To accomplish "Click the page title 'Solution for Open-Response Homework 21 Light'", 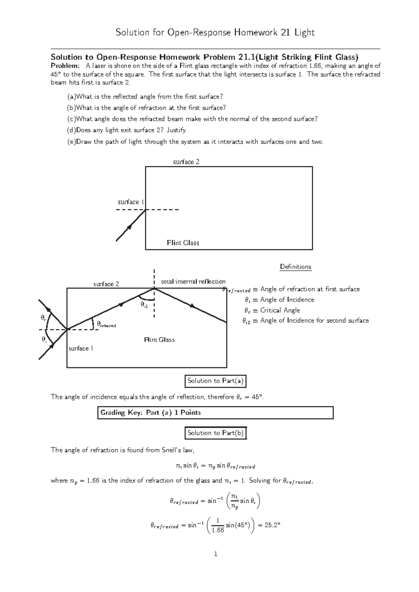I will pyautogui.click(x=215, y=33).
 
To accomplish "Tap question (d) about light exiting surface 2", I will pyautogui.click(x=127, y=130).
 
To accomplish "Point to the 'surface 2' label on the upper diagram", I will pyautogui.click(x=186, y=162).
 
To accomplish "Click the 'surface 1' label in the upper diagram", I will pyautogui.click(x=131, y=202).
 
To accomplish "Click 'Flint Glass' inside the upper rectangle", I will pyautogui.click(x=183, y=243).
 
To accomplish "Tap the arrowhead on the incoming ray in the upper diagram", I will pyautogui.click(x=130, y=227).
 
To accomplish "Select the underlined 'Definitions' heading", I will pyautogui.click(x=295, y=267).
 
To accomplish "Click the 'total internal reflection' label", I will pyautogui.click(x=193, y=282).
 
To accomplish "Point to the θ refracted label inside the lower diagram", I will pyautogui.click(x=106, y=324).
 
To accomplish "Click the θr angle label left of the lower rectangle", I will pyautogui.click(x=43, y=318).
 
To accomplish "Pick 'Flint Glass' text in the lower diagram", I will pyautogui.click(x=159, y=340).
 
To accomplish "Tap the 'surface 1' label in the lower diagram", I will pyautogui.click(x=81, y=349).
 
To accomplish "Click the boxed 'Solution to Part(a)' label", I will pyautogui.click(x=215, y=381).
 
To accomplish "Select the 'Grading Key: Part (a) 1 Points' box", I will pyautogui.click(x=215, y=413).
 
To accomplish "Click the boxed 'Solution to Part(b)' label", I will pyautogui.click(x=215, y=433).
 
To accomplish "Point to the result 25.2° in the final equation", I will pyautogui.click(x=272, y=525).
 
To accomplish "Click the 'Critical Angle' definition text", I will pyautogui.click(x=280, y=310).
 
